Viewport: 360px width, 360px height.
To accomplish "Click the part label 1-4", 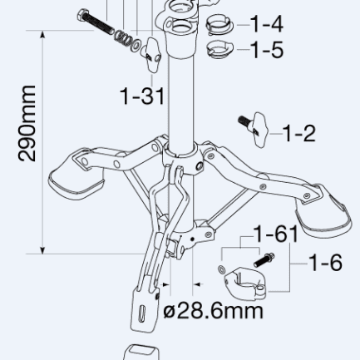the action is coord(267,24).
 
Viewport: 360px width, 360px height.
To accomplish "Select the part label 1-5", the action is coord(267,50).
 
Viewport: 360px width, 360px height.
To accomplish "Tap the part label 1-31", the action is coord(142,96).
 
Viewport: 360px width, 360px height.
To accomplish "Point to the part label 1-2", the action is coord(299,134).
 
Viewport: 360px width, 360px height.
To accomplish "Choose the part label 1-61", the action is coord(276,234).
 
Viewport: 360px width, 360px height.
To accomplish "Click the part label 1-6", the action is coord(325,263).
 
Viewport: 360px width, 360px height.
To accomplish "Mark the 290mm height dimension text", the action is coord(27,123).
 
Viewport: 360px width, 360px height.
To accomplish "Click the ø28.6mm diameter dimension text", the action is coord(213,311).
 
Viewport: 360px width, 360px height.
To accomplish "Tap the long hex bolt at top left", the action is coord(96,22).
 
